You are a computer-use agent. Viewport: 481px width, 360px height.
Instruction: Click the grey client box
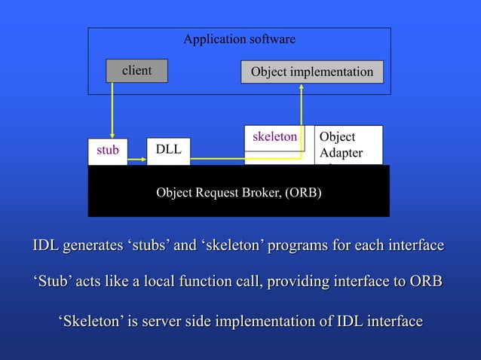click(x=136, y=71)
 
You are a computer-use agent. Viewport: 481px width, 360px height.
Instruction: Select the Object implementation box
click(x=311, y=72)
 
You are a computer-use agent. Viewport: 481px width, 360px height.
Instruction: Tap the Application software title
click(x=240, y=39)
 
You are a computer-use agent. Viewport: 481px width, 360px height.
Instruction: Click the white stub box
click(x=108, y=151)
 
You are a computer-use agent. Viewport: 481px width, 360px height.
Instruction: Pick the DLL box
click(x=168, y=149)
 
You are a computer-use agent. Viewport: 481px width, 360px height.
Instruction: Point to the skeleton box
click(x=274, y=137)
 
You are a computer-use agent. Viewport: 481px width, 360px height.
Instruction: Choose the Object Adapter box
click(x=348, y=145)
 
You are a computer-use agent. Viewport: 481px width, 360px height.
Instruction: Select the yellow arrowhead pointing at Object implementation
click(x=302, y=87)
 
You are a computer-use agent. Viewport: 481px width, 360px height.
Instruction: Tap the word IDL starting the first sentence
click(x=46, y=246)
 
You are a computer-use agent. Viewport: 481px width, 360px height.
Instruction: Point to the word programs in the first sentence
click(x=296, y=246)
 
